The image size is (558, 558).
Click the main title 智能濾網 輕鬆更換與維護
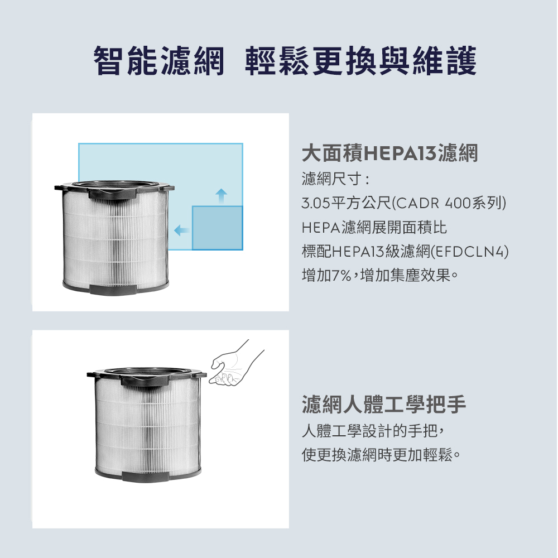(x=285, y=60)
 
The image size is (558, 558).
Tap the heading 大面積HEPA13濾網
(x=389, y=153)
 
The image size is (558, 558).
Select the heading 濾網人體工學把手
(x=384, y=404)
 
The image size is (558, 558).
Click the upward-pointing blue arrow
(x=222, y=196)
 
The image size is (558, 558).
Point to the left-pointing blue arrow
(x=181, y=230)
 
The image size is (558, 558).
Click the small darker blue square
(x=218, y=228)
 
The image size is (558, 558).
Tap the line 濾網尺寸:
(x=336, y=179)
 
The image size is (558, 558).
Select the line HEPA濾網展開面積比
(x=374, y=228)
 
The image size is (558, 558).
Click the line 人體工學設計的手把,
(x=373, y=431)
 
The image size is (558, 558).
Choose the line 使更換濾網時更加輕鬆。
(x=381, y=455)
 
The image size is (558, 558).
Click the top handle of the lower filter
(x=145, y=381)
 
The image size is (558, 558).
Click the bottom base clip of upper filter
(x=113, y=290)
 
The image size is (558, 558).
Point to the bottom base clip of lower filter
(x=145, y=477)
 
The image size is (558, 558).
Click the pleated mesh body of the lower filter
(x=148, y=427)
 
